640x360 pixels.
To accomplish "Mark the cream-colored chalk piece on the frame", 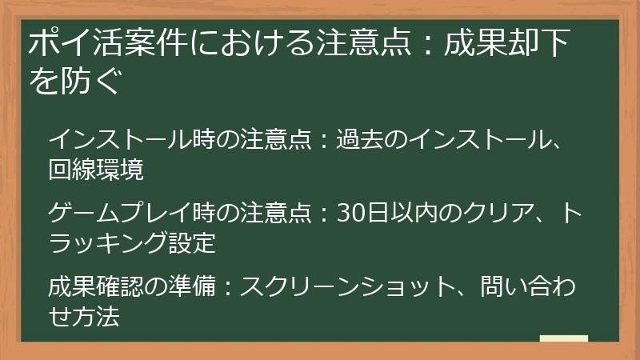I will [563, 339].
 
